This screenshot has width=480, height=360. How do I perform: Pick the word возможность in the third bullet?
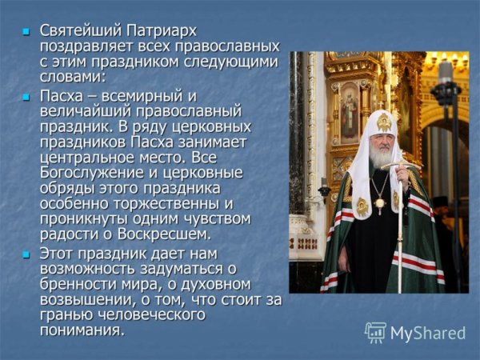coord(89,269)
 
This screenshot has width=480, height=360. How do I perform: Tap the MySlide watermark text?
coord(428,333)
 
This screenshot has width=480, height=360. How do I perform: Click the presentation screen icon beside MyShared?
coord(375,333)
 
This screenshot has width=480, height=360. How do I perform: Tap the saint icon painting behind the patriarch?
coord(350,112)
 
